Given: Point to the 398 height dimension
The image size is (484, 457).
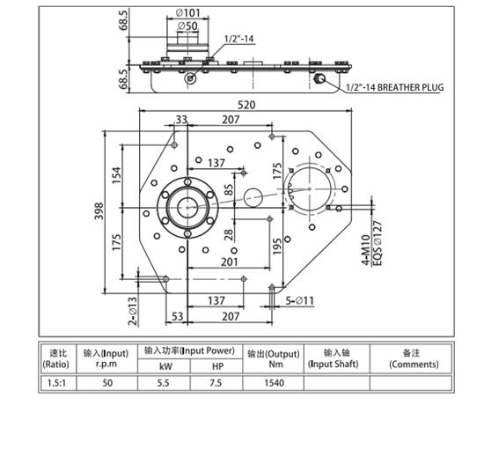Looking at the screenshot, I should pyautogui.click(x=99, y=211).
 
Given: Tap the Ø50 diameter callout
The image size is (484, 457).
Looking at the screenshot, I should pyautogui.click(x=187, y=26).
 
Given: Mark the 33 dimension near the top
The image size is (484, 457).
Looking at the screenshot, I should pyautogui.click(x=181, y=119).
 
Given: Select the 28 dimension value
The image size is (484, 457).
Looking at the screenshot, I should pyautogui.click(x=230, y=235).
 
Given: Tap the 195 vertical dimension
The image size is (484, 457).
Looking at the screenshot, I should pyautogui.click(x=278, y=247).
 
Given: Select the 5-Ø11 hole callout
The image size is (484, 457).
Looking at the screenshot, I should pyautogui.click(x=299, y=301).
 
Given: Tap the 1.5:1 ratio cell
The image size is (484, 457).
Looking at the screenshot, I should pyautogui.click(x=55, y=383).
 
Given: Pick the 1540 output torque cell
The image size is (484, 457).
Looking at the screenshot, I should pyautogui.click(x=274, y=383).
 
